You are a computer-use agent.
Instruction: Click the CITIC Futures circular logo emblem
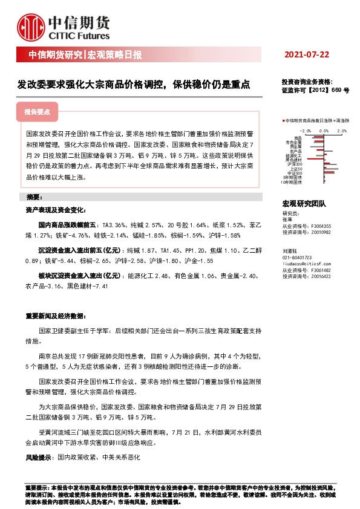[x=31, y=26]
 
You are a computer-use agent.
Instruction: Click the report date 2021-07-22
[x=307, y=55]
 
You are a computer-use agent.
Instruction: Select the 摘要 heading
[x=34, y=198]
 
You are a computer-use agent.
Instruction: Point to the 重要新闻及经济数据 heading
[x=55, y=316]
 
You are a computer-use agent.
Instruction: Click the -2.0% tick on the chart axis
[x=305, y=130]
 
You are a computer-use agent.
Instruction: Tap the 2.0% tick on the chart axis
[x=342, y=130]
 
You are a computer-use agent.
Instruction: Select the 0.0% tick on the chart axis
[x=324, y=130]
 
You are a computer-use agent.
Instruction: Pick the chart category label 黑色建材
[x=293, y=159]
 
